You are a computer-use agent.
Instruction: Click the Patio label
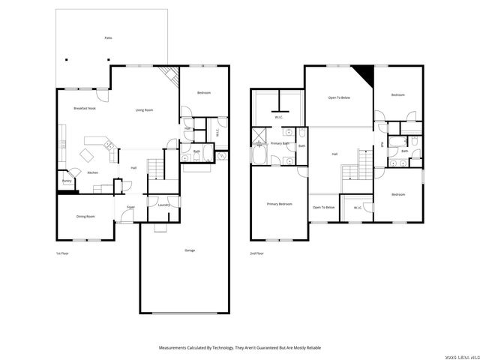pyautogui.click(x=108, y=37)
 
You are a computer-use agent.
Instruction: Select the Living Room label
pyautogui.click(x=144, y=110)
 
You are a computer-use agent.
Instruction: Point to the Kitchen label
pyautogui.click(x=92, y=173)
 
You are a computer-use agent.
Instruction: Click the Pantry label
pyautogui.click(x=67, y=181)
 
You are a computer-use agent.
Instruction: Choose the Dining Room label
pyautogui.click(x=85, y=217)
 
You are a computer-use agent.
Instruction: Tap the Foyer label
pyautogui.click(x=130, y=206)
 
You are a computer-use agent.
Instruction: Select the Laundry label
pyautogui.click(x=163, y=205)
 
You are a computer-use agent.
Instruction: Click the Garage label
pyautogui.click(x=190, y=250)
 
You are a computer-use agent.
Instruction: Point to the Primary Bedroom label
pyautogui.click(x=279, y=204)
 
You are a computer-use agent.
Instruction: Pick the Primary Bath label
pyautogui.click(x=280, y=143)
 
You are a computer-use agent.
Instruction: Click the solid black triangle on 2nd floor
pyautogui.click(x=365, y=75)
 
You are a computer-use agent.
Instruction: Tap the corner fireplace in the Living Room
pyautogui.click(x=171, y=75)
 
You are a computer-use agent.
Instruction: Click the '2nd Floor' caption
pyautogui.click(x=256, y=253)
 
